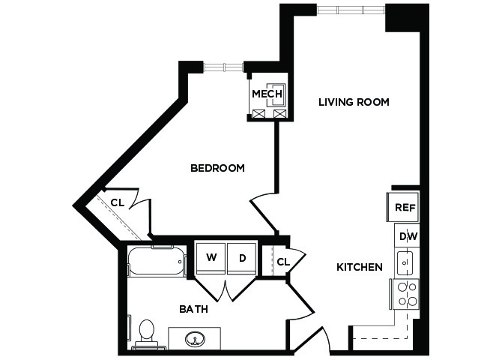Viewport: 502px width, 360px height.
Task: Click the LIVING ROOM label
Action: click(354, 102)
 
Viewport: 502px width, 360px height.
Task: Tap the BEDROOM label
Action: click(217, 168)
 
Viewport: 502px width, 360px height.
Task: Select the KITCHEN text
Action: click(360, 267)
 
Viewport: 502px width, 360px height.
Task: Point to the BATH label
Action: click(194, 309)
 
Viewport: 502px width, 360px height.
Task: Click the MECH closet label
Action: click(267, 94)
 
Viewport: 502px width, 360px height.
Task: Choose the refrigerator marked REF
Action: click(403, 207)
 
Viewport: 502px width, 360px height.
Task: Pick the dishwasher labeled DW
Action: click(407, 235)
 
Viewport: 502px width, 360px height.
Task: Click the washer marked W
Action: click(211, 259)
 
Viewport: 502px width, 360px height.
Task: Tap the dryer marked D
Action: click(242, 259)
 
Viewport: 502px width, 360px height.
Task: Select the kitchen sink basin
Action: click(405, 262)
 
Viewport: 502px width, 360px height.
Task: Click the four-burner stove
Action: click(405, 294)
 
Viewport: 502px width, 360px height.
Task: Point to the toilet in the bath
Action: click(147, 334)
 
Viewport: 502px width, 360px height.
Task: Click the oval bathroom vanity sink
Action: click(195, 338)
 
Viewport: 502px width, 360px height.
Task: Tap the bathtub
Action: click(157, 260)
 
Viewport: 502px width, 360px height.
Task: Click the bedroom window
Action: click(223, 67)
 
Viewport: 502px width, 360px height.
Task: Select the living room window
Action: click(351, 10)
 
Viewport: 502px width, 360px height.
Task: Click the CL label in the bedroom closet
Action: click(117, 202)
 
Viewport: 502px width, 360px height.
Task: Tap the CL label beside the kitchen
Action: click(283, 262)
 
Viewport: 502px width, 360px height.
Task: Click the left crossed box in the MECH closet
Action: click(258, 114)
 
